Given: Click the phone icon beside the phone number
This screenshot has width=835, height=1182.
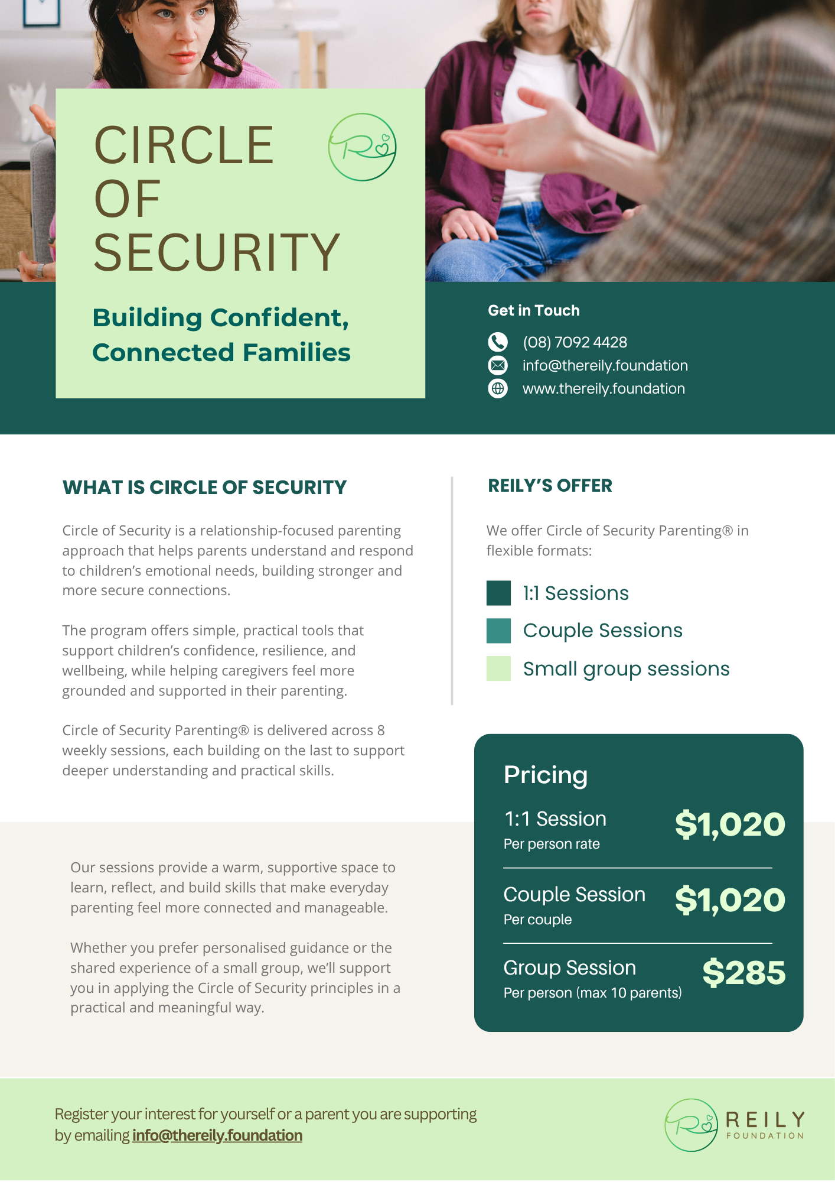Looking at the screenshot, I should tap(498, 342).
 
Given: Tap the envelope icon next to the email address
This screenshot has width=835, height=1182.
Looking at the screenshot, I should tap(498, 365).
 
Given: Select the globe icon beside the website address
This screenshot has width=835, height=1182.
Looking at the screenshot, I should tap(498, 388).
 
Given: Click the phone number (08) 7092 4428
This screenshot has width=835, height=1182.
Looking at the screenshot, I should tap(575, 342).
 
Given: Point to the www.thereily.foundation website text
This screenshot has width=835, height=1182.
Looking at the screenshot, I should tap(604, 388).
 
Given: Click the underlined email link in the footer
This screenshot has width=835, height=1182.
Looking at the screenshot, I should tap(217, 1135).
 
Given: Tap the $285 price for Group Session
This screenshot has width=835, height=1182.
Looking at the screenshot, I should tap(743, 973).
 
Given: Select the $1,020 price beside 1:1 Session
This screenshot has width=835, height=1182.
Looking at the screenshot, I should tap(730, 824).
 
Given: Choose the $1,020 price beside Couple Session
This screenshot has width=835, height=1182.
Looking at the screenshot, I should tap(730, 900).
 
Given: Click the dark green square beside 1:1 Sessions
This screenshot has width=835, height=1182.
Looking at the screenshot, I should tap(498, 593).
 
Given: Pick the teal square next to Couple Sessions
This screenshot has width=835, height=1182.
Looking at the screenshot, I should tap(498, 631).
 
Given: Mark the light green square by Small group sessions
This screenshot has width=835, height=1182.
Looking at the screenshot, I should tap(498, 668).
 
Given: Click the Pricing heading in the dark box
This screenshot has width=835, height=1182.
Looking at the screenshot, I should tap(545, 775).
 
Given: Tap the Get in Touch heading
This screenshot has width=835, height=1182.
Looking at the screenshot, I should tap(533, 310).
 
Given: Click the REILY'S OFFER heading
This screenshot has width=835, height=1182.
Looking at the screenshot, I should tap(550, 486).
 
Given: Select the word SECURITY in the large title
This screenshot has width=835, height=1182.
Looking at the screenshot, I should tap(217, 253).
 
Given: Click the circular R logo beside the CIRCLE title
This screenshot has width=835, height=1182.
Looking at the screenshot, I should tap(362, 147).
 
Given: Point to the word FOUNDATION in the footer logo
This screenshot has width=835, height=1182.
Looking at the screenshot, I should tap(765, 1135).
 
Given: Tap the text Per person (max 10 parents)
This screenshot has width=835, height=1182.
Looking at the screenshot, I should tap(592, 993).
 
